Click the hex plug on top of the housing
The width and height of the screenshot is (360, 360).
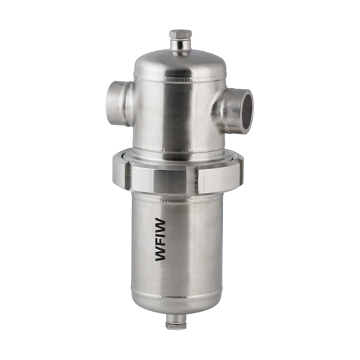[180, 34]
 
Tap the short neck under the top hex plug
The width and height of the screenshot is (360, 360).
[180, 45]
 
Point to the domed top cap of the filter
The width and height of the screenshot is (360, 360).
[180, 63]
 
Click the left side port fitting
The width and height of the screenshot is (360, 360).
[119, 104]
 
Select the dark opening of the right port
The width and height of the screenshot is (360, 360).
[247, 112]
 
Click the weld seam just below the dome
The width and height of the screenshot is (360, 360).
[180, 78]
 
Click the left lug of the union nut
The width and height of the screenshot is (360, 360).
[122, 171]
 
